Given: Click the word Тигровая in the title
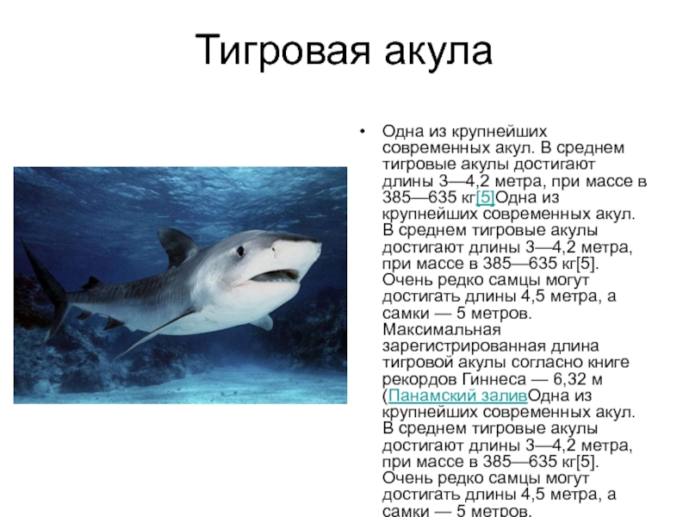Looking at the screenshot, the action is (x=282, y=50).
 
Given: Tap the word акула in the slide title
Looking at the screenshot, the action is (x=438, y=51).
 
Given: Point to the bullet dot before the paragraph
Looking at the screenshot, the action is (x=362, y=131).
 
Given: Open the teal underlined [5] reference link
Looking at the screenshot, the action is (x=485, y=197).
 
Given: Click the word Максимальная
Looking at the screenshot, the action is (x=442, y=329).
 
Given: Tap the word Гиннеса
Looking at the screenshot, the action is (x=493, y=379).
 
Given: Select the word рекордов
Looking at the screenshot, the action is (x=420, y=380).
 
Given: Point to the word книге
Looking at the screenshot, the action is (x=604, y=363).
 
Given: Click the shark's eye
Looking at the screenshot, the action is (x=240, y=252).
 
